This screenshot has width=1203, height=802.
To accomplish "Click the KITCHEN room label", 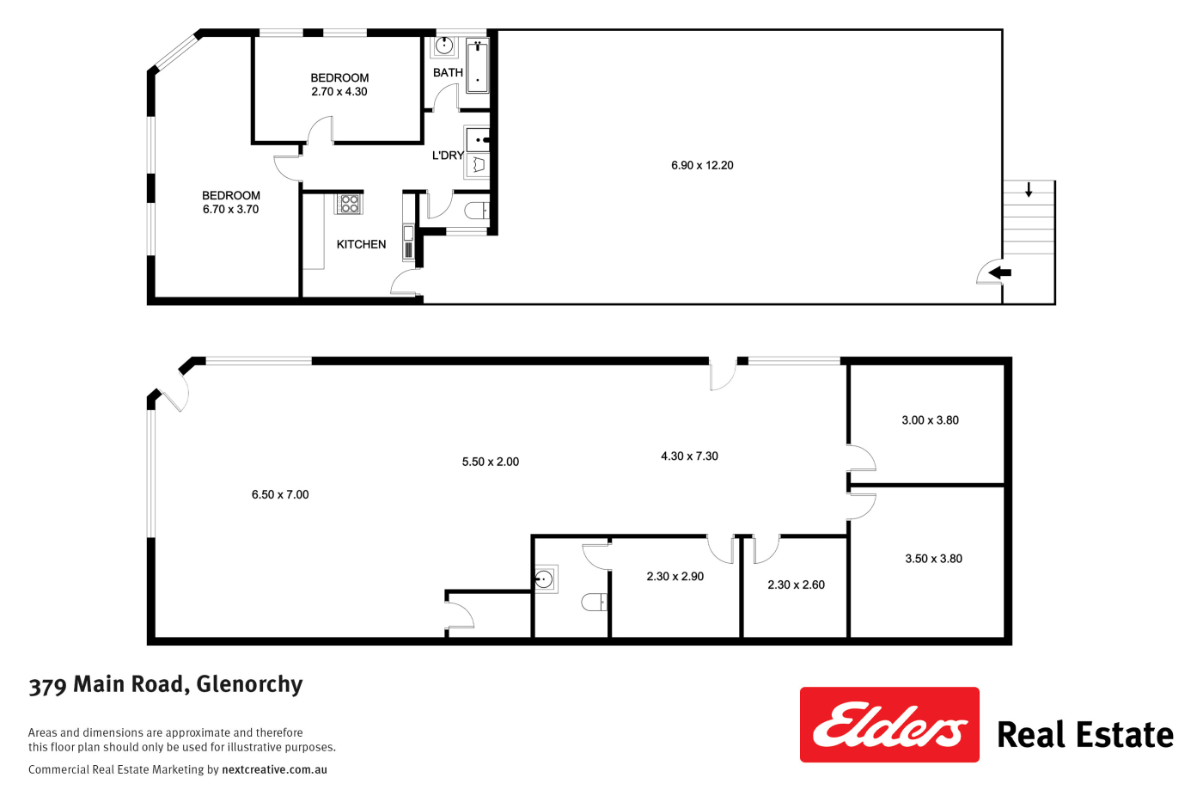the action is tap(361, 244).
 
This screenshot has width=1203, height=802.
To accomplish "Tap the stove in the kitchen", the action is tap(349, 204).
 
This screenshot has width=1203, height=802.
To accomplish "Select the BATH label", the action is tap(448, 72).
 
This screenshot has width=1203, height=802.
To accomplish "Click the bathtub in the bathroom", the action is tap(477, 65).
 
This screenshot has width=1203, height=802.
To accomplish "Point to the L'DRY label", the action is tap(448, 156).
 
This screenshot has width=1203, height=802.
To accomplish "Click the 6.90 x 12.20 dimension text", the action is tap(702, 165).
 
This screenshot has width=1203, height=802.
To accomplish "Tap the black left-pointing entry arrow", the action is tap(999, 272).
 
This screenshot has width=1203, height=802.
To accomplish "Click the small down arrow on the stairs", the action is tap(1029, 190).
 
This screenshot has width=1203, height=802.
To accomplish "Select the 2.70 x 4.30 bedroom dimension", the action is tap(339, 92).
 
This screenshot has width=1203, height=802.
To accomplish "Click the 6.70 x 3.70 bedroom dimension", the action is tap(231, 210).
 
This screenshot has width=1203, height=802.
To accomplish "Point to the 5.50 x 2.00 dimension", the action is tap(491, 462).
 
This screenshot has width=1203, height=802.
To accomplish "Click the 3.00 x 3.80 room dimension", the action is tap(930, 420).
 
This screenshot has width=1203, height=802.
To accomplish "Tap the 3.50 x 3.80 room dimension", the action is tap(933, 559).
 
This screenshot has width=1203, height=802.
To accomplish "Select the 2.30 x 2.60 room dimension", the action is tap(796, 585).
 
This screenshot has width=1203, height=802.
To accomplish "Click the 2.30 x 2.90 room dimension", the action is tap(675, 577).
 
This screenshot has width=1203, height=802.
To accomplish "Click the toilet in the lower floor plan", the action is tap(595, 603).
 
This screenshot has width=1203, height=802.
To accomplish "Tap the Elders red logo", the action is tap(889, 725).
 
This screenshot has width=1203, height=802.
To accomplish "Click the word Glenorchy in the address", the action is tap(250, 684).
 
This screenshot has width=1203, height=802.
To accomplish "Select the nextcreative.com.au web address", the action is tap(274, 769).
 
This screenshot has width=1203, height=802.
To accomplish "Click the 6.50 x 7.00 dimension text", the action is tap(280, 495).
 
